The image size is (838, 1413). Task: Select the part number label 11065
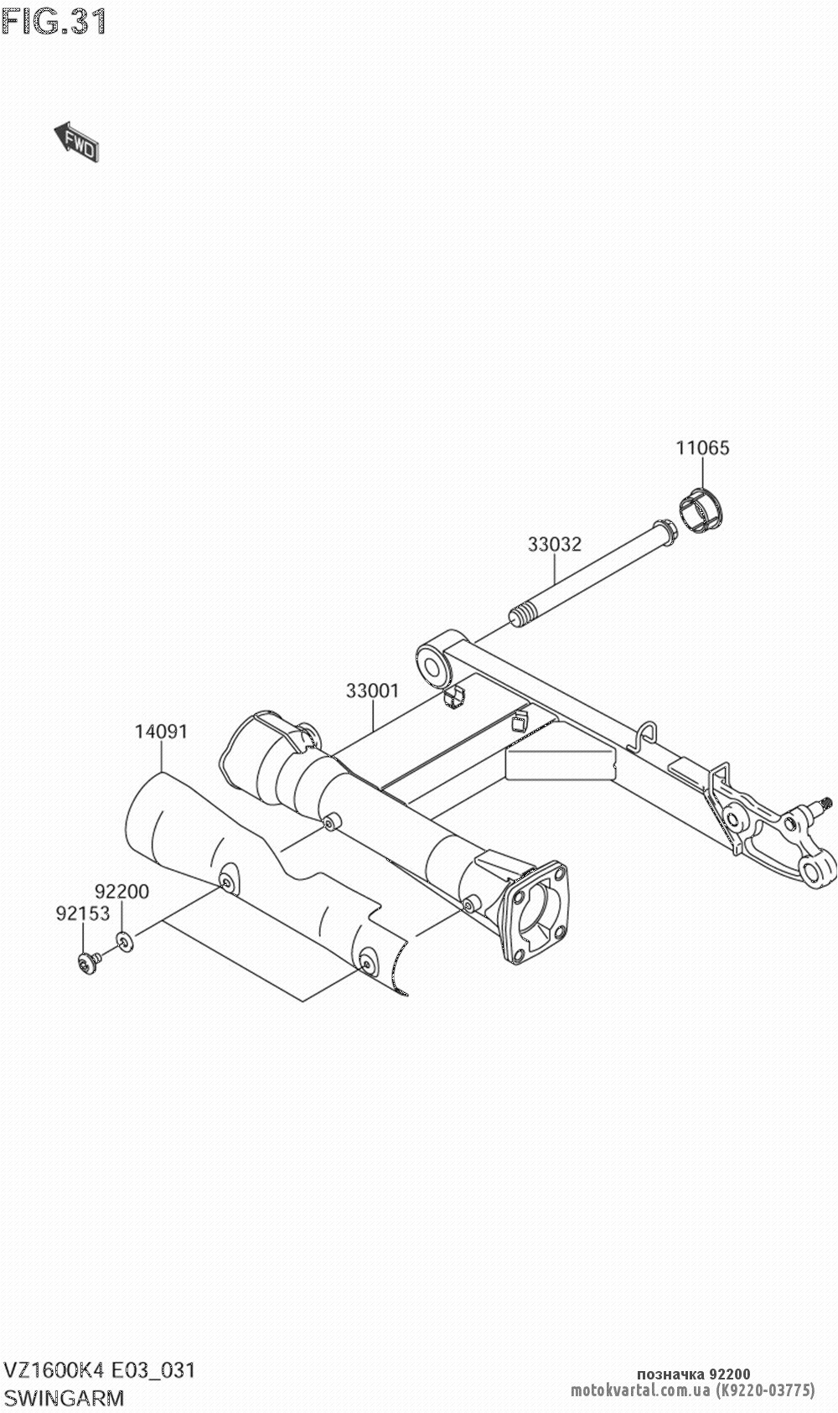coord(702,448)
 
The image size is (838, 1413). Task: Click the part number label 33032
coord(554,544)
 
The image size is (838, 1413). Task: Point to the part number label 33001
coord(373,691)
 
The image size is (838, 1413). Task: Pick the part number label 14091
coord(162,732)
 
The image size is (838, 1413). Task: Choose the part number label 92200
coord(122,892)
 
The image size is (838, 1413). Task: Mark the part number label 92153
coord(83,913)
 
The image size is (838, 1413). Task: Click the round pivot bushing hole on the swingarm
coord(432,666)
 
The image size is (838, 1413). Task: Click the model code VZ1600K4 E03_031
coord(100,1370)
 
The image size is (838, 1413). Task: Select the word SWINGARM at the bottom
coord(63,1398)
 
